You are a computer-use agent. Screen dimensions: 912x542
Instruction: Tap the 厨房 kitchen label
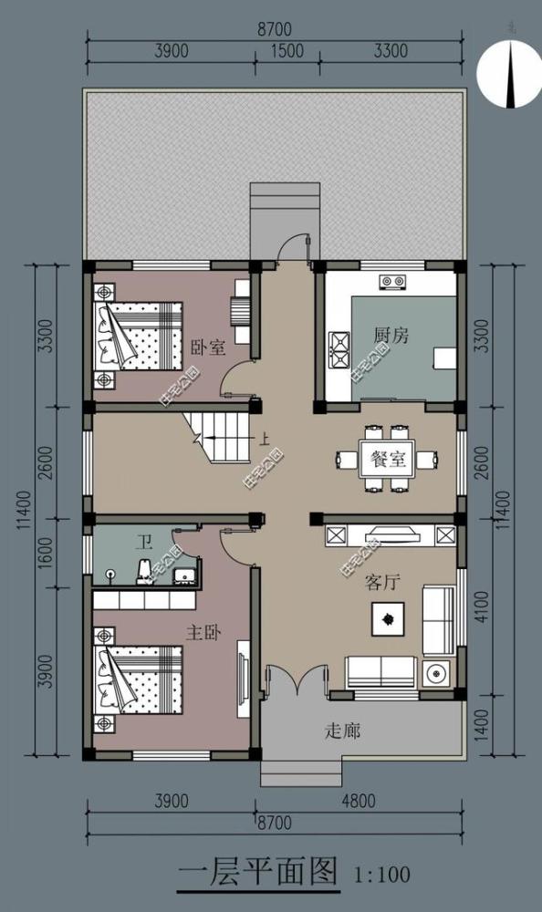tap(391, 336)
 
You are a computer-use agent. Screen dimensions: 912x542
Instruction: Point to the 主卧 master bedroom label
tap(202, 630)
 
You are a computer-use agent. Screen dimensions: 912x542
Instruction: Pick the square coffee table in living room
tap(388, 620)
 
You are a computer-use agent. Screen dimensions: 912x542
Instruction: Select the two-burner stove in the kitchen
tap(393, 281)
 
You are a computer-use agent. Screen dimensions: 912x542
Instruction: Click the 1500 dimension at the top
tap(287, 51)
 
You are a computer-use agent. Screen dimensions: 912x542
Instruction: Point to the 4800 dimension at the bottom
tap(358, 802)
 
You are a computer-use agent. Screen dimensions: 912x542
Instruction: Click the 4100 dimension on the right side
tap(483, 607)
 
